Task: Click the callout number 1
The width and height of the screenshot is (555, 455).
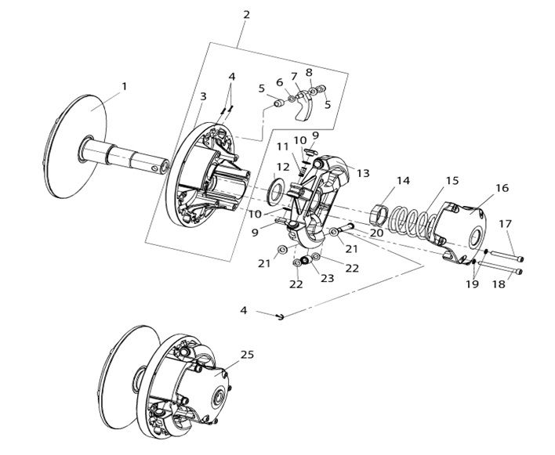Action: coord(124,85)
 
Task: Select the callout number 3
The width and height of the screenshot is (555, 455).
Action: coord(202,96)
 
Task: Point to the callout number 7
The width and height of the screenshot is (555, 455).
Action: coord(294,76)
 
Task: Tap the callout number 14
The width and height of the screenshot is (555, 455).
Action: coord(402,181)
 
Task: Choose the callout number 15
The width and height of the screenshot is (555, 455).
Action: coord(452,181)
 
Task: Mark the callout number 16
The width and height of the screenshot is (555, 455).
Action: coord(502,189)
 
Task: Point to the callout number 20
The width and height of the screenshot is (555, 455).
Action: coord(375,233)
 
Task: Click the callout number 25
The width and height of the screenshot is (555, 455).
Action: coord(247,355)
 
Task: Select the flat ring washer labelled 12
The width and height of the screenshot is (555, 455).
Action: coord(276,190)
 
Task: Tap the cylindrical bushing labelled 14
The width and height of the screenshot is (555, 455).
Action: coord(379,211)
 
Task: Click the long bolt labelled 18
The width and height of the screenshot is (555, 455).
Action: coord(505,273)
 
